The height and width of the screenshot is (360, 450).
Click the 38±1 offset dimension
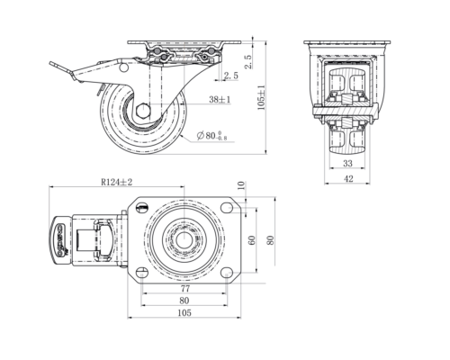(220, 99)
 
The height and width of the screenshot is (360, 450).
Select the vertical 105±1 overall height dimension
(261, 97)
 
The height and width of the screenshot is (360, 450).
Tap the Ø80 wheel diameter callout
(212, 136)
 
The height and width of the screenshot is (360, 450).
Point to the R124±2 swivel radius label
(116, 182)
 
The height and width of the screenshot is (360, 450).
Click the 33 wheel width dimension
(347, 164)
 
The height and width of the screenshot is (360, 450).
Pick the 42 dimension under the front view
(348, 179)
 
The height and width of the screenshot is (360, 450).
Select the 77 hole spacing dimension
(185, 289)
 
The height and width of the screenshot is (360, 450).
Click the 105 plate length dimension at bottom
(184, 313)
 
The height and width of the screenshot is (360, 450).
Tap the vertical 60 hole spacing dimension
(252, 240)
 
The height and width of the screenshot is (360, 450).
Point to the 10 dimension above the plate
(241, 185)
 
